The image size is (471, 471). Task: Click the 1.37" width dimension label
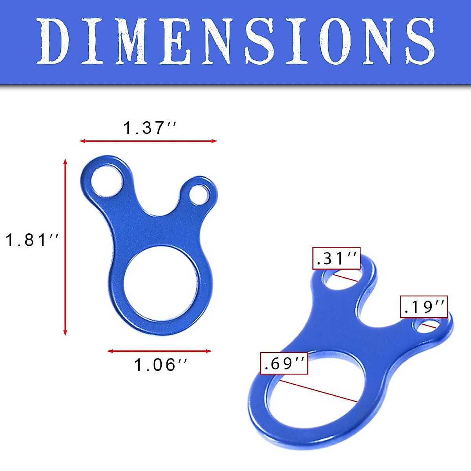tap(150, 128)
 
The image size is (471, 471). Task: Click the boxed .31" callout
tap(336, 258)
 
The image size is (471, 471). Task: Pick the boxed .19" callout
tap(424, 307)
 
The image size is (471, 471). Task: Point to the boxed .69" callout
tap(284, 363)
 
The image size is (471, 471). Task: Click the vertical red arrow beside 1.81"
tap(65, 247)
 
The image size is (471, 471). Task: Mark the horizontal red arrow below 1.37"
tap(148, 141)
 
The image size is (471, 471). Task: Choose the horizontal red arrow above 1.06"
tap(159, 351)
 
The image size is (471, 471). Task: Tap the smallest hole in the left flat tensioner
tap(199, 194)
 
